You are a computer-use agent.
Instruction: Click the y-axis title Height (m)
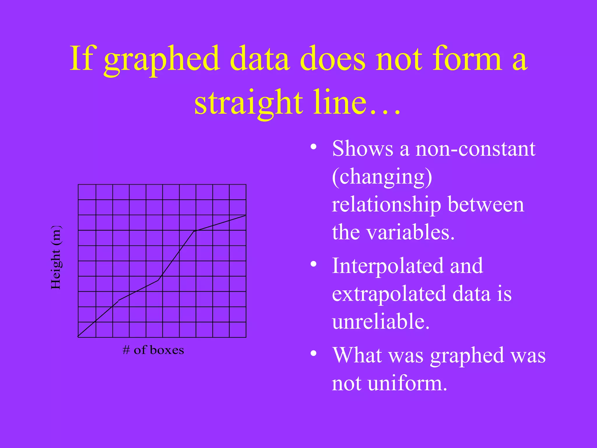(x=56, y=257)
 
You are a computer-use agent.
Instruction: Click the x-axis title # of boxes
(x=153, y=350)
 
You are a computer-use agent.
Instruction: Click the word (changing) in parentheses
(x=382, y=177)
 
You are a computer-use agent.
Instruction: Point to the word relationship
(x=386, y=205)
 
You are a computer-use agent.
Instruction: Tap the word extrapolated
(x=389, y=294)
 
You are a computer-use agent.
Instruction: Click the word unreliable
(x=381, y=322)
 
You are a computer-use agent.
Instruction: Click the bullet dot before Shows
(x=313, y=147)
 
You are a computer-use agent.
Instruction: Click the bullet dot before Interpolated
(x=313, y=264)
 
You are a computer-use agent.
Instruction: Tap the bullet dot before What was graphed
(x=313, y=353)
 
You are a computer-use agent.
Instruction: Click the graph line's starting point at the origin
(x=78, y=337)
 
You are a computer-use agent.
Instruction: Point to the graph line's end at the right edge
(x=245, y=215)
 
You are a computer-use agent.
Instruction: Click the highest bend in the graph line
(x=194, y=231)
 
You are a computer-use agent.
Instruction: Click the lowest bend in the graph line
(x=119, y=300)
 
